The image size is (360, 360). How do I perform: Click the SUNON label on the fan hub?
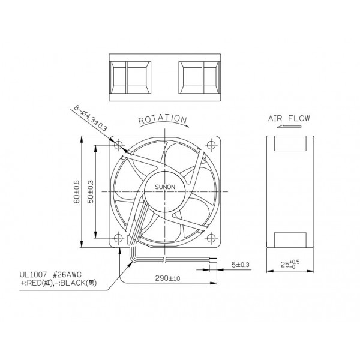[x=166, y=187]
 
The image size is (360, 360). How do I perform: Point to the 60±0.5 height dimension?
[x=77, y=190]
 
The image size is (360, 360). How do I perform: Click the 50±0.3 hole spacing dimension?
[x=91, y=190]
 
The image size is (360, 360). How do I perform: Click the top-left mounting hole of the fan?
[x=119, y=145]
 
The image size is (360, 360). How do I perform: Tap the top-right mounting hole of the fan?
[x=211, y=145]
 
